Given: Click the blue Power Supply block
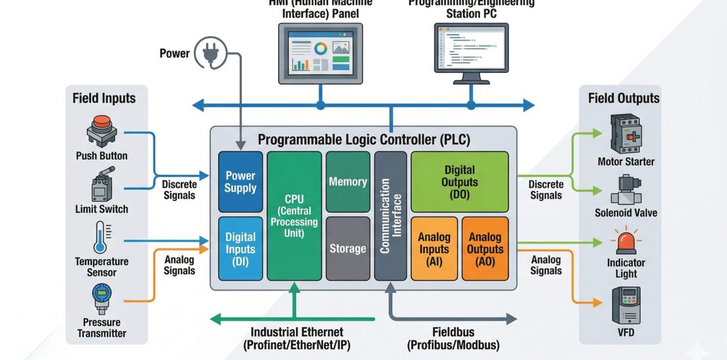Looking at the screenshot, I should (x=240, y=181).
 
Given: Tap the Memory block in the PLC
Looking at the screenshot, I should (x=348, y=181).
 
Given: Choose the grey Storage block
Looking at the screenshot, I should (x=348, y=248).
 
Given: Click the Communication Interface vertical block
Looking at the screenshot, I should (x=390, y=216).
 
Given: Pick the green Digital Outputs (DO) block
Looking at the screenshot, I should (x=459, y=181).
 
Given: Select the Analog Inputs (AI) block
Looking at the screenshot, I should (x=434, y=248).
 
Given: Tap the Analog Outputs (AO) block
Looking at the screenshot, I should (x=485, y=248).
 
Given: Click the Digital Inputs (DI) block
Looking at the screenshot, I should (x=240, y=249).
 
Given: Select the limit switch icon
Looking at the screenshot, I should (x=101, y=186).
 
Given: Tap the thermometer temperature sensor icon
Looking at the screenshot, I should (x=101, y=238).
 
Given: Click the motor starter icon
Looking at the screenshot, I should (x=625, y=134).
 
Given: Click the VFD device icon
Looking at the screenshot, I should (x=625, y=305).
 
